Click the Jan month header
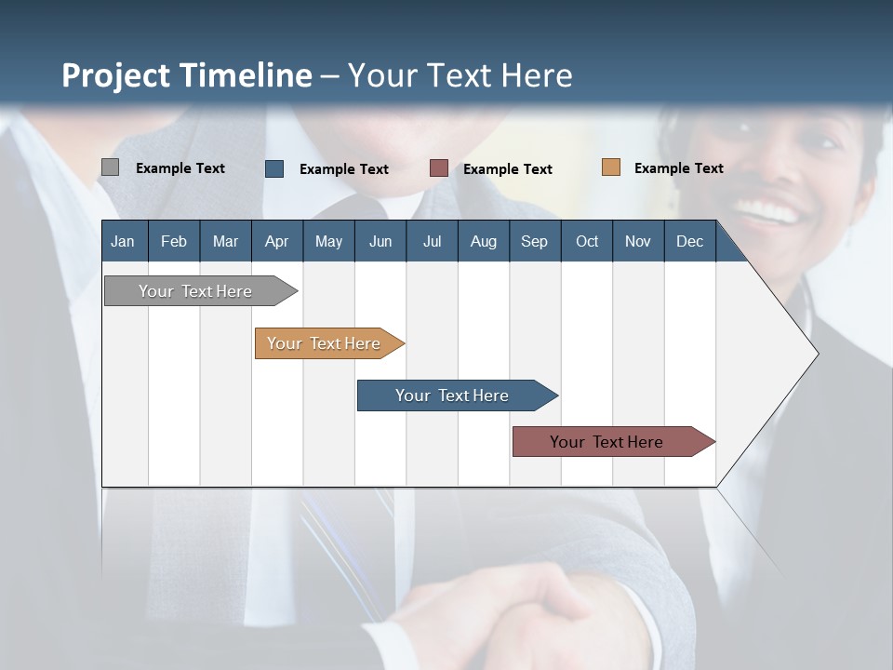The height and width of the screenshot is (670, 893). (123, 242)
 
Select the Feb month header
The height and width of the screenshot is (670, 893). (174, 242)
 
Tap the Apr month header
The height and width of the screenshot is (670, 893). (276, 242)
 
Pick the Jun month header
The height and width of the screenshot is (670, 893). (380, 242)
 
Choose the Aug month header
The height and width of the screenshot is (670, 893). (483, 242)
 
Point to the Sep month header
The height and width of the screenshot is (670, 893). (534, 242)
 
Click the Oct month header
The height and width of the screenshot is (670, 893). (587, 242)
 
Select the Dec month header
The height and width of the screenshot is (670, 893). (689, 242)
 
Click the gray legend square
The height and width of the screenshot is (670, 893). (110, 167)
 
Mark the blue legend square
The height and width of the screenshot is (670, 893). (274, 168)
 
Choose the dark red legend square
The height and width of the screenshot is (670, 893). (439, 168)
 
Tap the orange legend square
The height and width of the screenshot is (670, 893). (611, 167)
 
